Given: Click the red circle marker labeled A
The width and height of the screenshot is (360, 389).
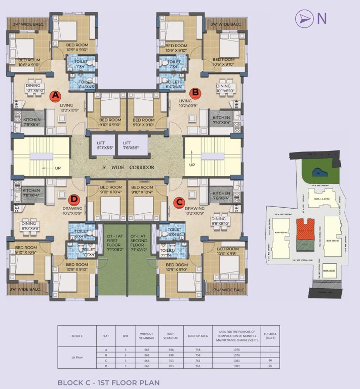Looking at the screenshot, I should [55, 95].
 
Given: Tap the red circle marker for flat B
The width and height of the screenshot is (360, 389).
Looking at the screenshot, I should [195, 93].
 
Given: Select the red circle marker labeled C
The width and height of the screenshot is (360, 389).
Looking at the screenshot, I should [179, 203].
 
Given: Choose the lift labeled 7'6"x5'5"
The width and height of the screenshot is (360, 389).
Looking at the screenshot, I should [131, 146].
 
